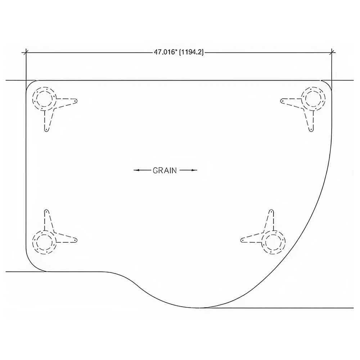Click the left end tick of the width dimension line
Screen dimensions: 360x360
click(26, 53)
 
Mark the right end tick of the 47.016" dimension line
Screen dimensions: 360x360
click(332, 53)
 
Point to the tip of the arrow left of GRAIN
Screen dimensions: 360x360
click(134, 170)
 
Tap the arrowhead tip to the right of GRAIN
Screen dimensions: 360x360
click(197, 170)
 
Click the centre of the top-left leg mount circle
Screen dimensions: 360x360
click(44, 99)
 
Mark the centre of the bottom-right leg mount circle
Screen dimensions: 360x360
click(274, 242)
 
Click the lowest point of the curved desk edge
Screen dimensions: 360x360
click(199, 308)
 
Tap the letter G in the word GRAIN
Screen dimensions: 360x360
click(155, 170)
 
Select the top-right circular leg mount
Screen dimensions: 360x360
click(314, 99)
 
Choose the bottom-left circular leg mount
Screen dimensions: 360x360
click(44, 242)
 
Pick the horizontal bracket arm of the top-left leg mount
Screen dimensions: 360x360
click(67, 102)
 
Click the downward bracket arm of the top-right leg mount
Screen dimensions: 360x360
click(309, 121)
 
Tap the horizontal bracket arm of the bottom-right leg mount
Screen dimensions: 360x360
click(252, 239)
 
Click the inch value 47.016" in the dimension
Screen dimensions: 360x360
click(166, 52)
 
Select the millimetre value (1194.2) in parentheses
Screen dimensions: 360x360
click(191, 53)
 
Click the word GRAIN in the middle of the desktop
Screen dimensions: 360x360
click(165, 170)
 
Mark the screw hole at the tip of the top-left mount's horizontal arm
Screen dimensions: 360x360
click(75, 100)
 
